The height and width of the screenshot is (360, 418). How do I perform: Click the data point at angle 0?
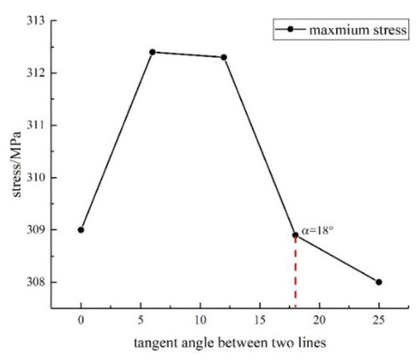click(81, 229)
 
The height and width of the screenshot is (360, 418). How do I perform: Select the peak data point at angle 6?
click(152, 52)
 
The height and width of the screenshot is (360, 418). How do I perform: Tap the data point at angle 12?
click(223, 57)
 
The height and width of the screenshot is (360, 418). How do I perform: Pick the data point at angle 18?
click(295, 235)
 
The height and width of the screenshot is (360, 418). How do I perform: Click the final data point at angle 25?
click(378, 282)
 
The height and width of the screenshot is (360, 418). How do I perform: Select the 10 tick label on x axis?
click(200, 320)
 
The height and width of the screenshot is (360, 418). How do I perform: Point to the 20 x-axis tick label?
click(319, 320)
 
